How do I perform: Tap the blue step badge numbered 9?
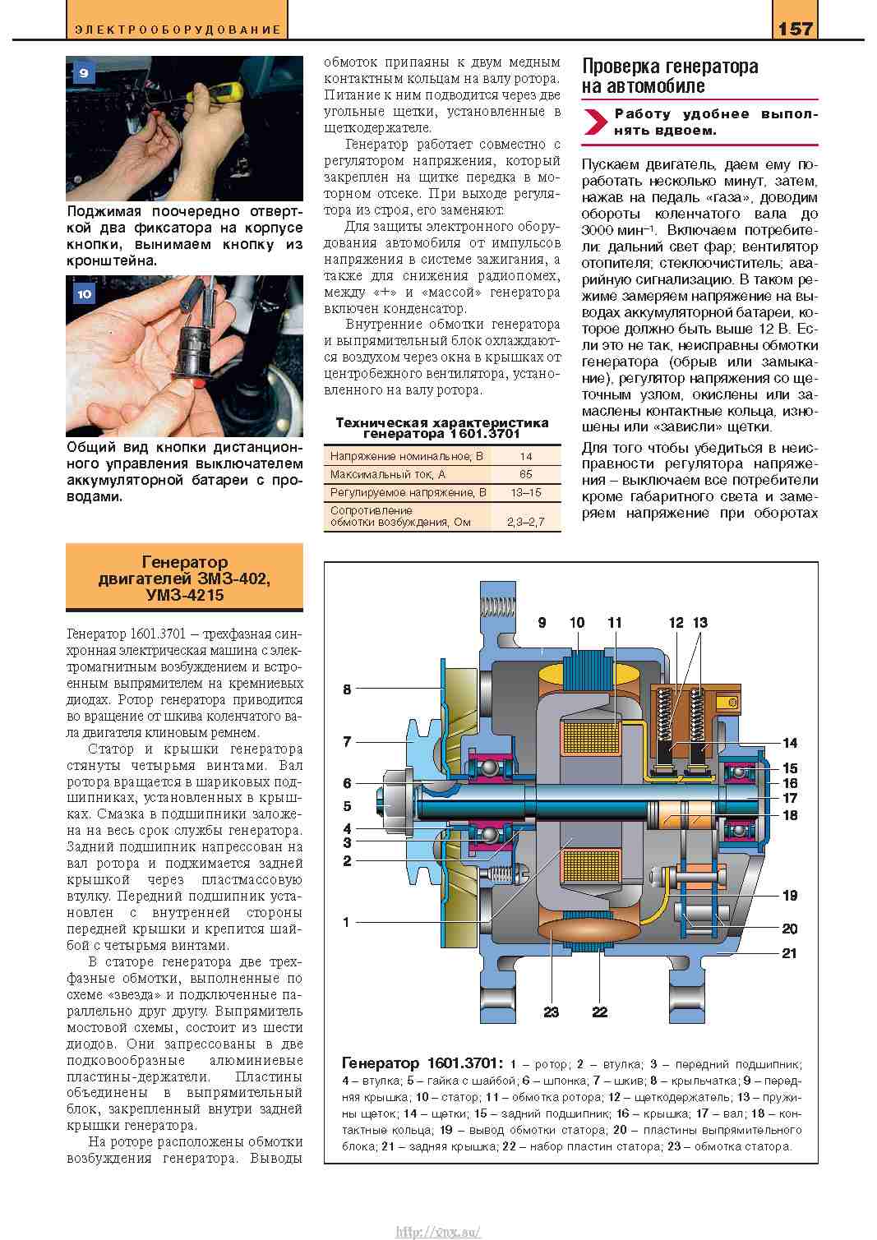(83, 73)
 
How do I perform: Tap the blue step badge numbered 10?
(83, 293)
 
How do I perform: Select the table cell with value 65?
(525, 474)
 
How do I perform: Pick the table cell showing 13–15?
(525, 493)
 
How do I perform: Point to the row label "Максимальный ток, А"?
(387, 474)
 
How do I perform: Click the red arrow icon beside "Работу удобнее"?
(594, 122)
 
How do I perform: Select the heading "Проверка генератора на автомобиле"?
(669, 76)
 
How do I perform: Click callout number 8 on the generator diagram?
(347, 689)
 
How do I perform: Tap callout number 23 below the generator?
(550, 1012)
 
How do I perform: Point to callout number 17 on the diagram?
(790, 798)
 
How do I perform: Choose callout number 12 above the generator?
(676, 622)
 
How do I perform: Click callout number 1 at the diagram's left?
(347, 922)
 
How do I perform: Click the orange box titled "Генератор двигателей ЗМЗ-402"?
(184, 579)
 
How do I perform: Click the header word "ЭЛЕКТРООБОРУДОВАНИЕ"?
(177, 30)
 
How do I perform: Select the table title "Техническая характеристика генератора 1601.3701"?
(442, 427)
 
